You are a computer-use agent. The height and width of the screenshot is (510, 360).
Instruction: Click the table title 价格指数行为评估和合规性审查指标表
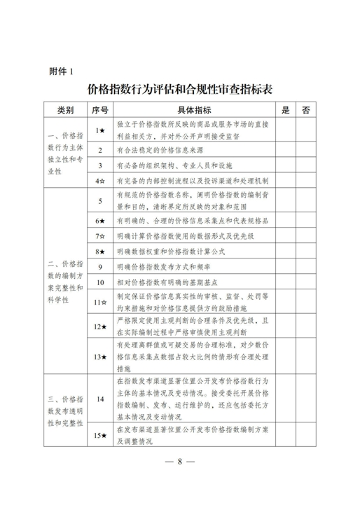point(180,90)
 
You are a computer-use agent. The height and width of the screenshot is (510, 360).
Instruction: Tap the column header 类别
point(65,110)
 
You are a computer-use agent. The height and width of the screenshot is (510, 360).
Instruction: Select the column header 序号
point(100,110)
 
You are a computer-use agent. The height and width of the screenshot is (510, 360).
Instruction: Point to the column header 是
point(284,110)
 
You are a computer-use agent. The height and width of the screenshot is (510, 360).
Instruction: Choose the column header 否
point(306,110)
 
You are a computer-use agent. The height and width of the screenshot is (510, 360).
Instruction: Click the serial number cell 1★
point(100,130)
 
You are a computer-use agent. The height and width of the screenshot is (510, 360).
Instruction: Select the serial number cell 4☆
point(100,181)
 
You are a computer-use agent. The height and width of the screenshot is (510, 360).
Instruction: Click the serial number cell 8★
point(100,250)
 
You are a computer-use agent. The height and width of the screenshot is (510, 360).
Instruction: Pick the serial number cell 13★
point(100,357)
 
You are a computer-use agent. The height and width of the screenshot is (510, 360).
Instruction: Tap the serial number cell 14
point(100,399)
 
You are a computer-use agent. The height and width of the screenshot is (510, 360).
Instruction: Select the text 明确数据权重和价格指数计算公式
point(169,250)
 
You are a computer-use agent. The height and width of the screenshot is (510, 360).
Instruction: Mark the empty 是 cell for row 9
point(284,266)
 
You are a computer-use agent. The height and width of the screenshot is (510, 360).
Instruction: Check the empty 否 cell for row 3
point(306,165)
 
